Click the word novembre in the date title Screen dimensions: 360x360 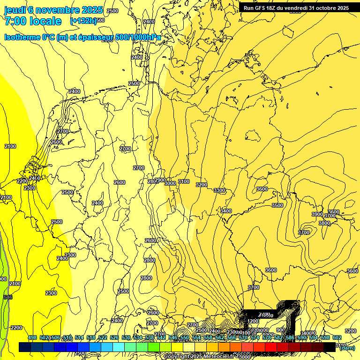58,10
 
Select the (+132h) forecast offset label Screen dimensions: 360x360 83,21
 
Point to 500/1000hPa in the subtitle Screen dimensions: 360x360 141,37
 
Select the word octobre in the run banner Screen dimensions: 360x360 327,8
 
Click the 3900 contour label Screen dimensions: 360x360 317,214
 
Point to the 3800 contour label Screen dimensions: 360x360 324,223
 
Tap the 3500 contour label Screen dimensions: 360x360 277,205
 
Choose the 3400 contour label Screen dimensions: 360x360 226,211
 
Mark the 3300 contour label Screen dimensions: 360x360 219,191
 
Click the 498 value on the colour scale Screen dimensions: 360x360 32,337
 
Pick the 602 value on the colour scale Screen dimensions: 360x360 337,337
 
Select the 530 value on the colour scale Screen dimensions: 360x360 126,337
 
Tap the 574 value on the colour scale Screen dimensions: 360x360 255,337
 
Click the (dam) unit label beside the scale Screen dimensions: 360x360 347,347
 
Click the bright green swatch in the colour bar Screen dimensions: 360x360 153,347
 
